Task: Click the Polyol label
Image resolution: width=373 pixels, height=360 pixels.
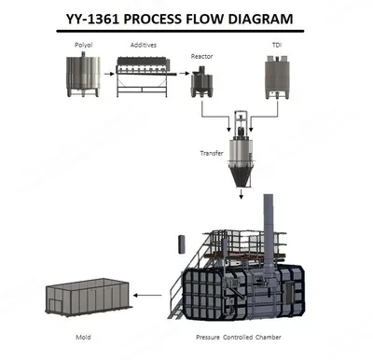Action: click(x=84, y=45)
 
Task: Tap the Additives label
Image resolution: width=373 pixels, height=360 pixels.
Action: click(x=144, y=45)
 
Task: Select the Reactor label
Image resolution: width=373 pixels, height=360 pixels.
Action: click(x=202, y=56)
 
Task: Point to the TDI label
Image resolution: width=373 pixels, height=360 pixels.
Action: click(x=277, y=45)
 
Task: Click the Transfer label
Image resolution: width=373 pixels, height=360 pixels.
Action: click(x=212, y=153)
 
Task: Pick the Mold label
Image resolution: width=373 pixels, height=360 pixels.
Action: click(x=83, y=337)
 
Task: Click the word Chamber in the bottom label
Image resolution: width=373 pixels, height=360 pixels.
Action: click(x=269, y=337)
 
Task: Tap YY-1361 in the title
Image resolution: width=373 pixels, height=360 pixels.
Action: click(x=92, y=19)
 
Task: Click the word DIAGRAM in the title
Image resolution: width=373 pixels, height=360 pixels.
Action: click(x=260, y=19)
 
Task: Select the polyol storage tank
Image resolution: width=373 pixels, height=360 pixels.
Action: click(x=83, y=75)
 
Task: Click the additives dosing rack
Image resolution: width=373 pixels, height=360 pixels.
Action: click(x=142, y=76)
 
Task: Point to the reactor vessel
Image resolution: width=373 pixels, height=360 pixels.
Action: click(x=201, y=81)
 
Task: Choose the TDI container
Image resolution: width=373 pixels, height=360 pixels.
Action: click(x=277, y=77)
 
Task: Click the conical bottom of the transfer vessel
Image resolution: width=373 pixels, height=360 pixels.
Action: click(x=241, y=174)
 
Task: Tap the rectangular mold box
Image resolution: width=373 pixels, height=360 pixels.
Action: click(x=89, y=297)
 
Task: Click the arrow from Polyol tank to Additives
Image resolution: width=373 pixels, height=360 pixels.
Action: click(x=108, y=74)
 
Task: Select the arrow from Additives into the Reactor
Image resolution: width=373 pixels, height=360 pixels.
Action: click(x=184, y=74)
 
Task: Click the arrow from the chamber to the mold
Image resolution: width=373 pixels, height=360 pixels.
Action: click(x=148, y=296)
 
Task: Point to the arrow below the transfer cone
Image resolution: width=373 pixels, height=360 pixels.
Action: click(x=241, y=194)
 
